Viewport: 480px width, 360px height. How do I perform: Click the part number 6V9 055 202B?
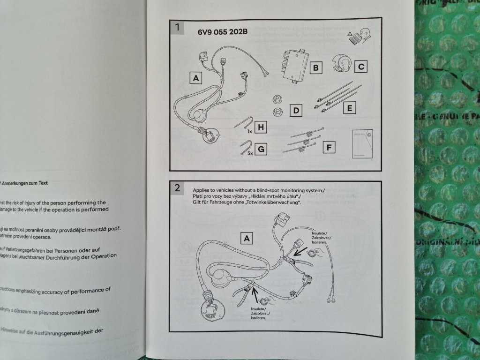coord(223,32)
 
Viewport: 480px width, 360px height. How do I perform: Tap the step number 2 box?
coord(177,188)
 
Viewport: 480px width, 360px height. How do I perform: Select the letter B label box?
coord(316,68)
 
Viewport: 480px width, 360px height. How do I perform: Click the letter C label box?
coord(360,67)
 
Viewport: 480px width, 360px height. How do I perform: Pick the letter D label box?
coord(296,111)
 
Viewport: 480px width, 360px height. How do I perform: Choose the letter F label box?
coord(330,148)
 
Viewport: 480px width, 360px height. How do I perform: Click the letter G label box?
coord(262,149)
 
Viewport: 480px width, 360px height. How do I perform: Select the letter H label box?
coord(262,127)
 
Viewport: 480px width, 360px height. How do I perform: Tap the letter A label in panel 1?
coord(196,78)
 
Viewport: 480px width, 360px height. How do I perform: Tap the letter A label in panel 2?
coord(247,238)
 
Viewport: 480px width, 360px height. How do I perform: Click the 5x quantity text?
coord(250,153)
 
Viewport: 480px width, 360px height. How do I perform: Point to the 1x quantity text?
coord(249,132)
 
